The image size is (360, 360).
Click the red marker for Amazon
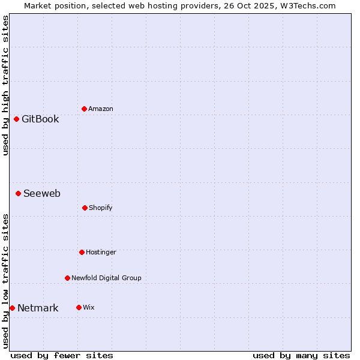click(x=84, y=109)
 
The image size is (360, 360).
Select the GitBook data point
click(x=16, y=119)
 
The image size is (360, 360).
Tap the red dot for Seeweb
click(x=18, y=193)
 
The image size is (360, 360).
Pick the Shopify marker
click(x=85, y=208)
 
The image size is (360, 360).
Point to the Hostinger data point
click(x=82, y=252)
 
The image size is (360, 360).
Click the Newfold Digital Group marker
click(x=67, y=278)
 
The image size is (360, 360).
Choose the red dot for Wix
click(x=79, y=307)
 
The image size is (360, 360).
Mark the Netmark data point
click(x=12, y=308)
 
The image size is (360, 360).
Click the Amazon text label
click(x=101, y=109)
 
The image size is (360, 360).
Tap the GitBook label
click(x=40, y=119)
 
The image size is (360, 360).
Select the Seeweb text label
click(x=42, y=193)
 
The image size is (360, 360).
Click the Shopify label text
click(x=101, y=208)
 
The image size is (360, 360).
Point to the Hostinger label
click(x=101, y=252)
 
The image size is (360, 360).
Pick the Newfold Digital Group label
click(x=106, y=278)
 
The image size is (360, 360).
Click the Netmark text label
click(x=38, y=308)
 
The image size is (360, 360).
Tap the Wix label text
click(x=89, y=307)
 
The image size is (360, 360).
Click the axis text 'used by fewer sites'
click(x=62, y=355)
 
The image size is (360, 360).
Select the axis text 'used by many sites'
click(x=301, y=355)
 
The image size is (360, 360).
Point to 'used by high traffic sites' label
click(x=5, y=85)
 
